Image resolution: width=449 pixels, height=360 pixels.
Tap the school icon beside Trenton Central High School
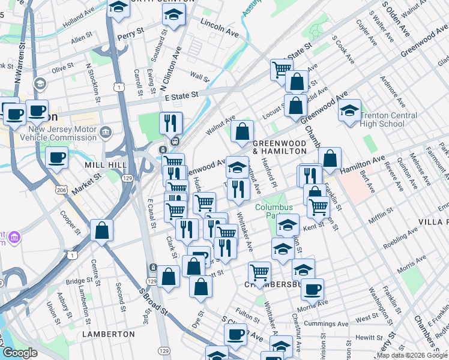tap(349, 111)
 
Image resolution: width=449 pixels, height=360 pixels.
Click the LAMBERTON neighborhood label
tap(108, 334)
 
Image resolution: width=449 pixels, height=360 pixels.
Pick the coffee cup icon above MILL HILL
tap(57, 157)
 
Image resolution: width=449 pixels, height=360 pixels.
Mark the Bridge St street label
tap(79, 281)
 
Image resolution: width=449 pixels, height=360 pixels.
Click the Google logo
tap(20, 353)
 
